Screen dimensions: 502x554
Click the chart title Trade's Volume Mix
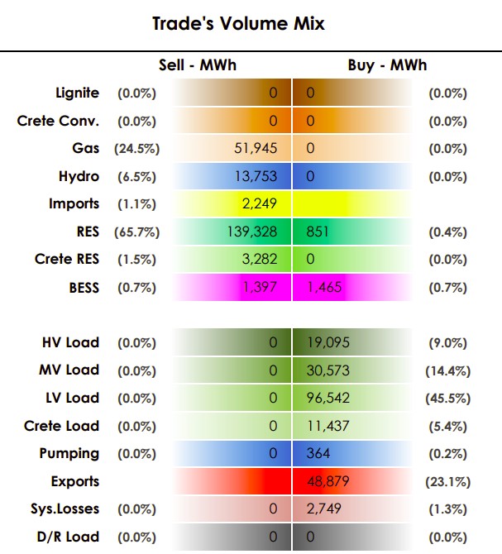(x=238, y=24)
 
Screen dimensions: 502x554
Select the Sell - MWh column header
(x=198, y=65)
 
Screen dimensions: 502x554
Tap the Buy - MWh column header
(x=387, y=65)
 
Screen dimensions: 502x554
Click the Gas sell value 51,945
(x=256, y=148)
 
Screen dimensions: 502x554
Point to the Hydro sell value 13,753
(x=256, y=176)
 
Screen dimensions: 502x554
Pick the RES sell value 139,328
(x=252, y=232)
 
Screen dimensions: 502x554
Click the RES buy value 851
(x=318, y=232)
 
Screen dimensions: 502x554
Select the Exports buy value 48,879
(x=327, y=481)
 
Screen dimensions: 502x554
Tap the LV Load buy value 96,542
(x=327, y=398)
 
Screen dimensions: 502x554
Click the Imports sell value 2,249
(x=260, y=204)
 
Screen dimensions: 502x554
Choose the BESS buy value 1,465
(x=324, y=287)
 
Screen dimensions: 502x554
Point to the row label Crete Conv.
(x=58, y=121)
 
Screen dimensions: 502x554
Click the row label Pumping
(x=69, y=454)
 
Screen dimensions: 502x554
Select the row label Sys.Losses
(x=65, y=509)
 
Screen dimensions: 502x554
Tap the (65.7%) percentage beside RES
(x=136, y=232)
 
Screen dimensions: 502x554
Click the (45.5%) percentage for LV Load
(x=448, y=399)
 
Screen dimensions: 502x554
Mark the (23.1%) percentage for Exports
(x=448, y=482)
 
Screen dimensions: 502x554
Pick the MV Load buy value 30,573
(x=327, y=370)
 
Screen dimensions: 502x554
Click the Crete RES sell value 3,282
(x=260, y=260)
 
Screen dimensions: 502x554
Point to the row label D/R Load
(x=68, y=537)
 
